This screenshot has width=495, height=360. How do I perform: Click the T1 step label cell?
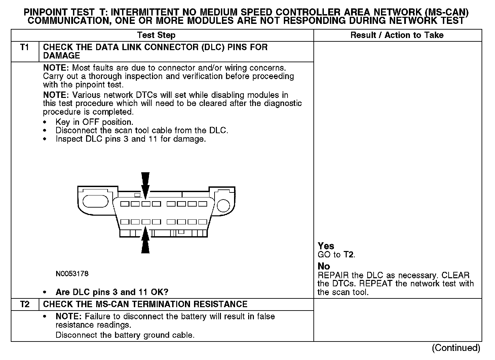(25, 47)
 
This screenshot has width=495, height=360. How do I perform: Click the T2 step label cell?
(25, 304)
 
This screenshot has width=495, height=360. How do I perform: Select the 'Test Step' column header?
(156, 35)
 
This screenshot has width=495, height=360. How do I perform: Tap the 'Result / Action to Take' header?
(397, 35)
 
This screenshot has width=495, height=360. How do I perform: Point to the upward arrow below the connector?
(145, 241)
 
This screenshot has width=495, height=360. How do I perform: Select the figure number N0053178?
(72, 274)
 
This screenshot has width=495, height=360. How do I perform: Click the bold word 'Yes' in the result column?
(326, 246)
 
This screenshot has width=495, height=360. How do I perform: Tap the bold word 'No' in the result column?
(324, 266)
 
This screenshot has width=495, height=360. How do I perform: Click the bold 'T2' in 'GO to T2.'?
(349, 255)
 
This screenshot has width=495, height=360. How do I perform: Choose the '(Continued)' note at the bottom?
(456, 348)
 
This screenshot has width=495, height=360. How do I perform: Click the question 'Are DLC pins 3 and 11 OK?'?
(112, 292)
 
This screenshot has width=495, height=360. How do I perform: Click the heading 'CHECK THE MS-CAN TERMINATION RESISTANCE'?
(145, 304)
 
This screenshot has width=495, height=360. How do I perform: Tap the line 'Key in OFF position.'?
(94, 122)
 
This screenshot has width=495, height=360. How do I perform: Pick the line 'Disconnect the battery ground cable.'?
(125, 335)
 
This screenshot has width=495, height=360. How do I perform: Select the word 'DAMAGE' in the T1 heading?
(62, 56)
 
